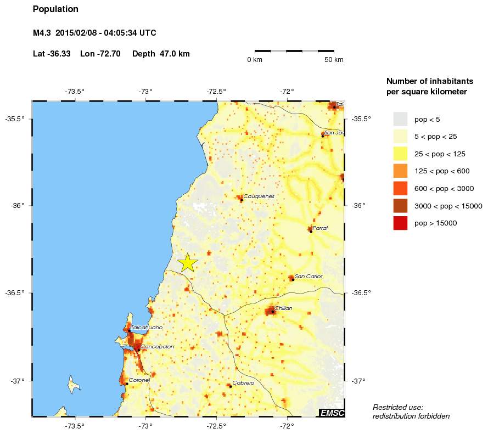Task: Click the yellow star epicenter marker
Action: (x=188, y=263)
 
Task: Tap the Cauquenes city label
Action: (x=258, y=196)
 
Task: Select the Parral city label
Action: (x=320, y=228)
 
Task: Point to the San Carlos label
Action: (x=308, y=277)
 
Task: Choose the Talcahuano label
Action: (x=147, y=328)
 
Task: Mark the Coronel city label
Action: (x=139, y=380)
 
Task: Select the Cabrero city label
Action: (x=243, y=383)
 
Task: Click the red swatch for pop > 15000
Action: (x=400, y=223)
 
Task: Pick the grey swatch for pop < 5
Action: (x=400, y=119)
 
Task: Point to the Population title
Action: (x=55, y=9)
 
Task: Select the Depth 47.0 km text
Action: (x=161, y=54)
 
